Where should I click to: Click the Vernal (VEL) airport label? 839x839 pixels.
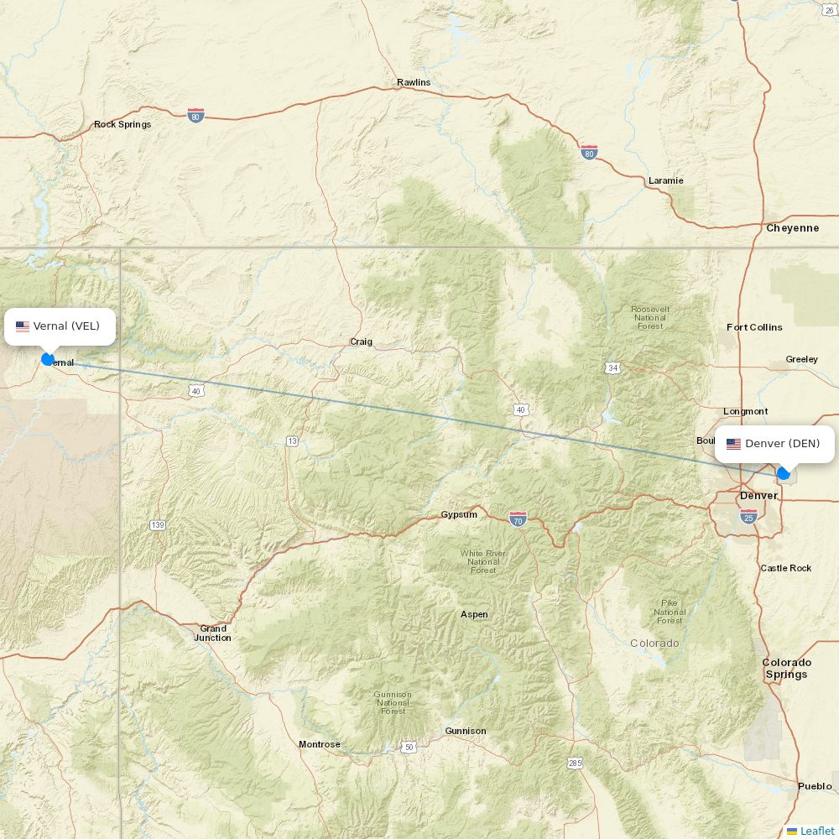pyautogui.click(x=60, y=326)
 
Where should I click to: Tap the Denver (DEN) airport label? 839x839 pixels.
pyautogui.click(x=774, y=444)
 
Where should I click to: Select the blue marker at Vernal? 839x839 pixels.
pyautogui.click(x=48, y=359)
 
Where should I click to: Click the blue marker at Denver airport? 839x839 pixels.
pyautogui.click(x=784, y=474)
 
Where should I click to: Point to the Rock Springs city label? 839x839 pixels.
pyautogui.click(x=122, y=124)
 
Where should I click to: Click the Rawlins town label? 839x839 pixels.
pyautogui.click(x=414, y=82)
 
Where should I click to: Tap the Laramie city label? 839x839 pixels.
pyautogui.click(x=665, y=180)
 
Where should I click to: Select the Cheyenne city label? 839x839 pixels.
pyautogui.click(x=792, y=228)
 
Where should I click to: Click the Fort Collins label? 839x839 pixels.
pyautogui.click(x=754, y=327)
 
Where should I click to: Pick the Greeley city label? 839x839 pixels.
pyautogui.click(x=801, y=359)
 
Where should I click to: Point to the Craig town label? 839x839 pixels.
pyautogui.click(x=361, y=341)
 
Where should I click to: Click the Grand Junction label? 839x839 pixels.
pyautogui.click(x=213, y=633)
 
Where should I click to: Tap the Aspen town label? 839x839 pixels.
pyautogui.click(x=474, y=614)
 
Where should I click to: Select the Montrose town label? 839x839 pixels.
pyautogui.click(x=320, y=744)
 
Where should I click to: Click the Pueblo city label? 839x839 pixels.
pyautogui.click(x=815, y=786)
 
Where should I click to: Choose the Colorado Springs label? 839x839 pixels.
pyautogui.click(x=786, y=668)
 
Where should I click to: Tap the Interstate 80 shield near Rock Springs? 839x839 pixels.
pyautogui.click(x=195, y=115)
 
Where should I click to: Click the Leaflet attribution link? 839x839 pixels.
pyautogui.click(x=816, y=831)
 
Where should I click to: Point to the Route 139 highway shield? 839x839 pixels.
pyautogui.click(x=158, y=525)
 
